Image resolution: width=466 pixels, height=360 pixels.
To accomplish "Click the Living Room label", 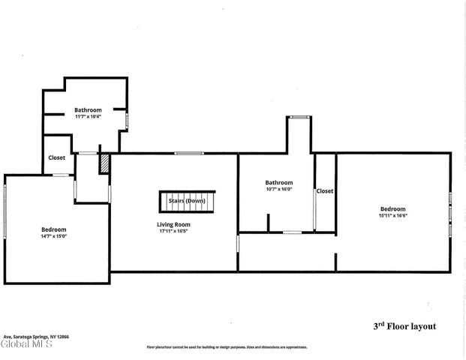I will point(173,224).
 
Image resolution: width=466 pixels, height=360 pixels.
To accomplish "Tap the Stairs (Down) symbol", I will point(187,201).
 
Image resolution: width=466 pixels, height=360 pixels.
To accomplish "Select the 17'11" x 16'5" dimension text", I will point(173,231).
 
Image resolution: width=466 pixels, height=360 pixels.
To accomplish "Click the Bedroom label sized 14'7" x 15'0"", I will point(54,229).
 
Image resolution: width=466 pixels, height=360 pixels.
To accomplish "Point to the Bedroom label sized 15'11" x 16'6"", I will point(392,209).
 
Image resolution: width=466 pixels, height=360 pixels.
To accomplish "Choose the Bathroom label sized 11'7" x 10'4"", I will point(88,110).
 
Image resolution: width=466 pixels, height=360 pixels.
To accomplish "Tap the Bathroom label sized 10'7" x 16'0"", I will point(278,182).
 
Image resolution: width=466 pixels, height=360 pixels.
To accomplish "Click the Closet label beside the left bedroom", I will point(56,157).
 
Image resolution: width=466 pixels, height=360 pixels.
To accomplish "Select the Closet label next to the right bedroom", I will point(325,191).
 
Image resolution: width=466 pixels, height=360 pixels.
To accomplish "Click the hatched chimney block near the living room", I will point(105,163).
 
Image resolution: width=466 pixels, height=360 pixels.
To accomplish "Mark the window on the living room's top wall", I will point(189,154).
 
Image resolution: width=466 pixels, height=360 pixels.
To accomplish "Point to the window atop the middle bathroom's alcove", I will point(299,116).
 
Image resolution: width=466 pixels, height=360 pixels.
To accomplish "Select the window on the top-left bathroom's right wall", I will point(128,119).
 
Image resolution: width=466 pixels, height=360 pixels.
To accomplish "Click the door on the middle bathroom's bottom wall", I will point(292,232).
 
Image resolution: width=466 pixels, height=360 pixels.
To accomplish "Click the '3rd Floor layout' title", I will point(404,326).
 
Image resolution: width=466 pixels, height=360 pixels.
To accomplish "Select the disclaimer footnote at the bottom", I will point(226,347).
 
